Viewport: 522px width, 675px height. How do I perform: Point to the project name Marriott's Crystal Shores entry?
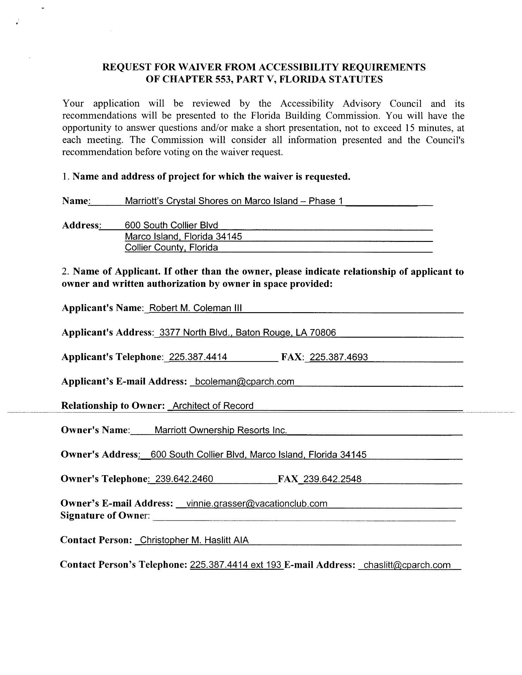tap(234, 201)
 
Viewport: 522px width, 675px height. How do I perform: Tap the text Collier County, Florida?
tap(171, 248)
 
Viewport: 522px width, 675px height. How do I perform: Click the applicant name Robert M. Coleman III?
tap(195, 308)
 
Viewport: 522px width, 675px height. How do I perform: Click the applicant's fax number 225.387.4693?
tap(339, 357)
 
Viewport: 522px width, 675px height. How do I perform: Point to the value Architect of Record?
tap(213, 405)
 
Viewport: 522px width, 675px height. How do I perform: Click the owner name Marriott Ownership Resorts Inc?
tap(221, 430)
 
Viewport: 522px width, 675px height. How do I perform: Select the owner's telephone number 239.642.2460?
tap(184, 479)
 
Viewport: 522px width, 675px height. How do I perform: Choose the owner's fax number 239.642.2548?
tap(333, 479)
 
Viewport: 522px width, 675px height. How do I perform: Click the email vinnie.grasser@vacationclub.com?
tap(257, 503)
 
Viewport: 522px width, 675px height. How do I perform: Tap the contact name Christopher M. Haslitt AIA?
tap(194, 540)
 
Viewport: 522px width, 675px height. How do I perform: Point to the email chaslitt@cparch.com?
tap(407, 565)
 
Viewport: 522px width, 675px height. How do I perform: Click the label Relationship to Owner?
tap(113, 405)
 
